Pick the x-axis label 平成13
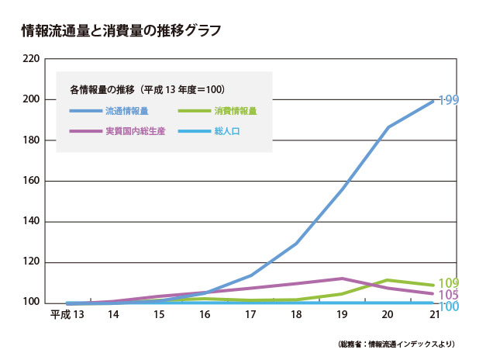[x=66, y=315]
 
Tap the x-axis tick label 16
[x=205, y=315]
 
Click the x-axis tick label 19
[x=342, y=315]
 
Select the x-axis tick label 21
[x=433, y=315]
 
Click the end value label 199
[x=450, y=100]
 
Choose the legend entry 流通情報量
[x=127, y=112]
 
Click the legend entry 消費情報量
[x=235, y=112]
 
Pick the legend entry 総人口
[x=226, y=131]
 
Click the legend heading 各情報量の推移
[x=102, y=89]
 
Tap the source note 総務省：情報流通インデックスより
[x=396, y=343]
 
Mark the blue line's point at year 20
[x=388, y=126]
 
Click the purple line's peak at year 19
[x=342, y=278]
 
